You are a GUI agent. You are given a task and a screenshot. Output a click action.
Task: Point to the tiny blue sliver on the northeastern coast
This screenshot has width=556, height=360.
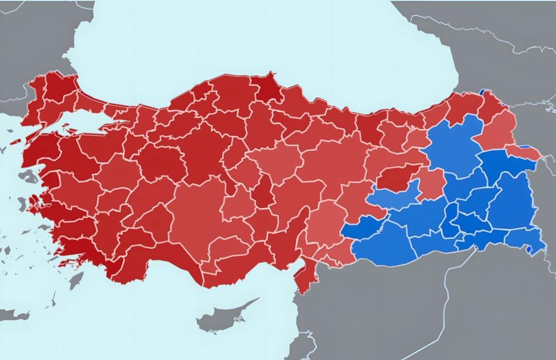point(486,91)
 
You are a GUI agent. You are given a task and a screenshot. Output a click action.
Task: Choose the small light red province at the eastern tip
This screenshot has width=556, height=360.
point(524,151)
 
